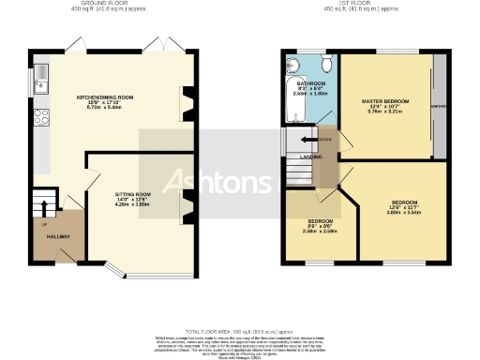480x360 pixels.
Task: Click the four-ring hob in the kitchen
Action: pos(40,117)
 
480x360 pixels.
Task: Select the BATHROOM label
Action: pos(310,82)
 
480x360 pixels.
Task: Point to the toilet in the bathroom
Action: pos(325,65)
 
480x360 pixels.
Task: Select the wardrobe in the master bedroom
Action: pos(438,106)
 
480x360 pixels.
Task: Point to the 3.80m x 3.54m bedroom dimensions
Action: pos(404,214)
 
